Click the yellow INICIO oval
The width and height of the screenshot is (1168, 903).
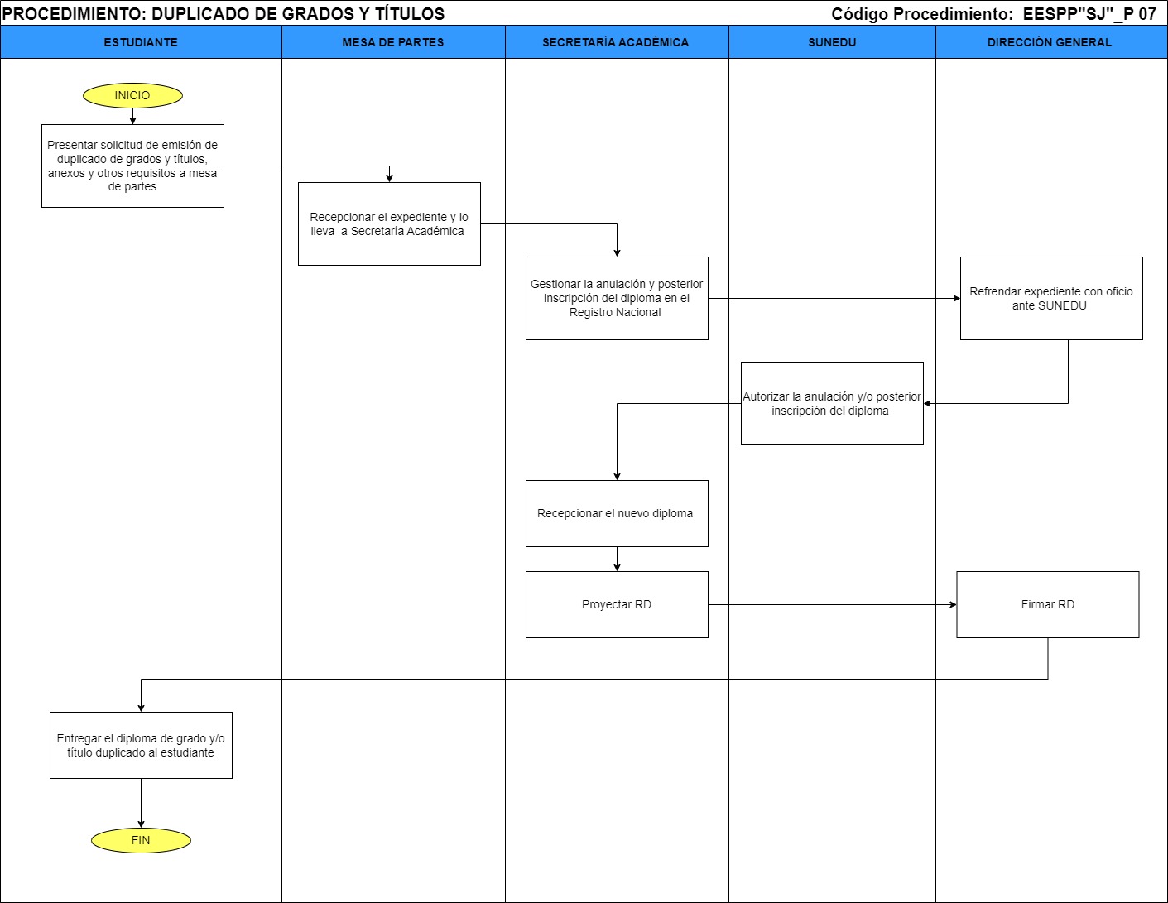click(132, 95)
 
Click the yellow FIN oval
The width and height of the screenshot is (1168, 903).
click(141, 840)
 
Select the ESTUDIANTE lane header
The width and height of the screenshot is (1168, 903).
click(141, 42)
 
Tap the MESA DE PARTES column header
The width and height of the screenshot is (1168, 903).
click(393, 42)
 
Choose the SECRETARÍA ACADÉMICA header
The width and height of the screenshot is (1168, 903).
click(616, 42)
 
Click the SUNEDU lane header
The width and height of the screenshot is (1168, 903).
click(832, 42)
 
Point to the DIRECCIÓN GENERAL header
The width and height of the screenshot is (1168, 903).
click(1050, 42)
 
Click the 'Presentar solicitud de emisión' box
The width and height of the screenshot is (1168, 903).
click(132, 166)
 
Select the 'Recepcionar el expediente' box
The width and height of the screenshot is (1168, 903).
click(389, 223)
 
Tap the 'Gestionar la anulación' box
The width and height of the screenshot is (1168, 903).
click(617, 298)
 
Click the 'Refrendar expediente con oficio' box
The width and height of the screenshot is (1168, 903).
click(1051, 298)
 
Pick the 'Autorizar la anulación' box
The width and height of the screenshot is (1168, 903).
click(832, 403)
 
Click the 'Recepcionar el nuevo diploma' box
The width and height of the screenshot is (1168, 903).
click(617, 513)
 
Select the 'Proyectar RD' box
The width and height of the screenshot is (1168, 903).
click(617, 604)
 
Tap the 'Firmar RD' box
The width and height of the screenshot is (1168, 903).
click(1048, 604)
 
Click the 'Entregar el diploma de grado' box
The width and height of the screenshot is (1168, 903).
click(141, 745)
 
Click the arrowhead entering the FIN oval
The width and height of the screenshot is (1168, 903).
click(141, 823)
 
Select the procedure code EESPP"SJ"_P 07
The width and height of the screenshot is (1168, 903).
click(1089, 13)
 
